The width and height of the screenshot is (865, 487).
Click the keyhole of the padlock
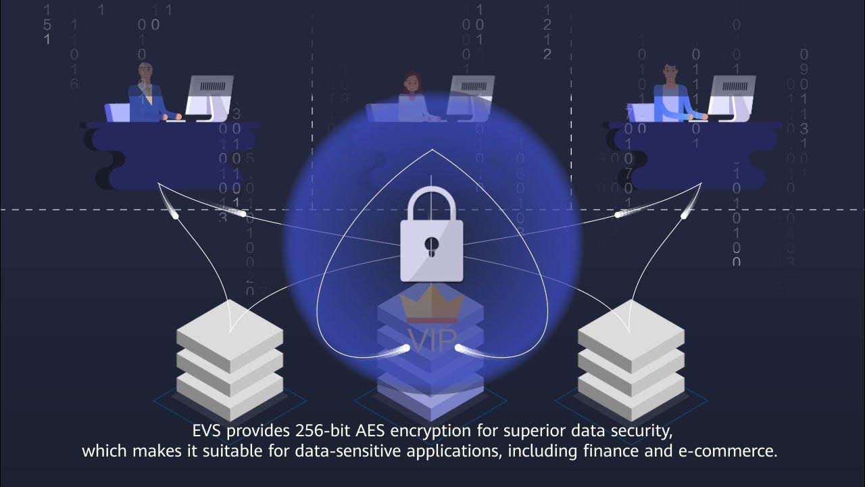(431, 246)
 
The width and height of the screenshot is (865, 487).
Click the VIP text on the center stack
(433, 339)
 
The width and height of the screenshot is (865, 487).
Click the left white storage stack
(229, 358)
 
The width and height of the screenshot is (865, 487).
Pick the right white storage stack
(631, 358)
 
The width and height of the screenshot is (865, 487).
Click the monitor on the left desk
(209, 94)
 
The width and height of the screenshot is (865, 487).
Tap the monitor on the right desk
(731, 94)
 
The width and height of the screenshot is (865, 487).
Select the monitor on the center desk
(470, 94)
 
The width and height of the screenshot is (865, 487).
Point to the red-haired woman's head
(412, 83)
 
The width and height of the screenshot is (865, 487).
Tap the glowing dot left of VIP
(406, 348)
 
